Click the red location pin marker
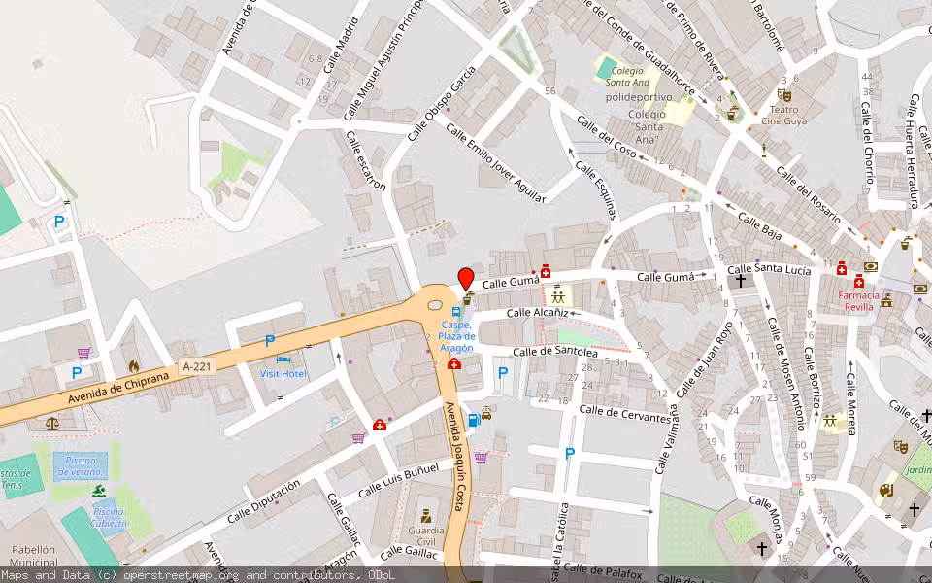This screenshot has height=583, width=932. (x=466, y=278)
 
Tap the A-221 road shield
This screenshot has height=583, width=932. (x=196, y=366)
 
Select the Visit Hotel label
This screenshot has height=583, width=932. (x=283, y=373)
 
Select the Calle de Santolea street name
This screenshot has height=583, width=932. (x=554, y=352)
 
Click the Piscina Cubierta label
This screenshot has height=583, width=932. (x=109, y=517)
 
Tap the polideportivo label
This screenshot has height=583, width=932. (x=637, y=98)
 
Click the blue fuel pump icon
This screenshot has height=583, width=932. (x=474, y=420)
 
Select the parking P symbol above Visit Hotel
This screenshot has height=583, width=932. (x=270, y=341)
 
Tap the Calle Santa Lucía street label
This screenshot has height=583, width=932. (x=769, y=269)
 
